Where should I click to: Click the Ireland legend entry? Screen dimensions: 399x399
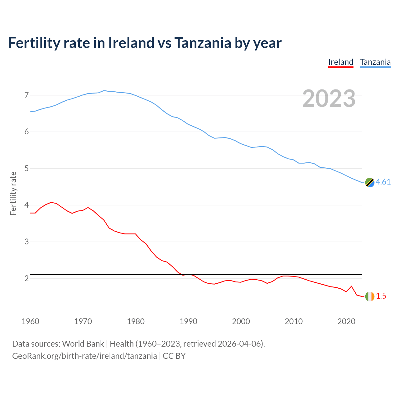(341, 62)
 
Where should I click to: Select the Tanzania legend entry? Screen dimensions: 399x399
(375, 62)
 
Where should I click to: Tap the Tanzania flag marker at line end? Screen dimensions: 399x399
(370, 182)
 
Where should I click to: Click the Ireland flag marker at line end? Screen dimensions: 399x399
(370, 296)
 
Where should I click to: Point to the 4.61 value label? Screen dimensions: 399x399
(383, 182)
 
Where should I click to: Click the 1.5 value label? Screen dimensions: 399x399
(381, 296)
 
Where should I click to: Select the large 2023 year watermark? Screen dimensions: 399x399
(329, 99)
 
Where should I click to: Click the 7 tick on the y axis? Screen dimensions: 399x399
(26, 95)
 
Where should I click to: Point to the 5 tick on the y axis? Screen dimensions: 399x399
(26, 169)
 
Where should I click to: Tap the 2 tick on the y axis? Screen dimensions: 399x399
(26, 278)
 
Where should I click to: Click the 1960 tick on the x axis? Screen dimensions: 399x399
(30, 321)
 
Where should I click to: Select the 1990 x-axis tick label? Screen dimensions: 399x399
(188, 321)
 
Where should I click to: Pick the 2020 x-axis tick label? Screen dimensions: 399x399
(346, 321)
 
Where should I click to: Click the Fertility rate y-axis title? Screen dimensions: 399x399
(13, 193)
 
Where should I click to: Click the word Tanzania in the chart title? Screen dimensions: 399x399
(203, 43)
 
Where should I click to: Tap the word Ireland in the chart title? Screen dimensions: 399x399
(131, 43)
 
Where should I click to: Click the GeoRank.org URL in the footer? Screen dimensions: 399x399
(84, 356)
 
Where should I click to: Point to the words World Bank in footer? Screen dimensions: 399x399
(83, 344)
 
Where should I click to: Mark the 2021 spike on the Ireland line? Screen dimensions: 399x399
(352, 286)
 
